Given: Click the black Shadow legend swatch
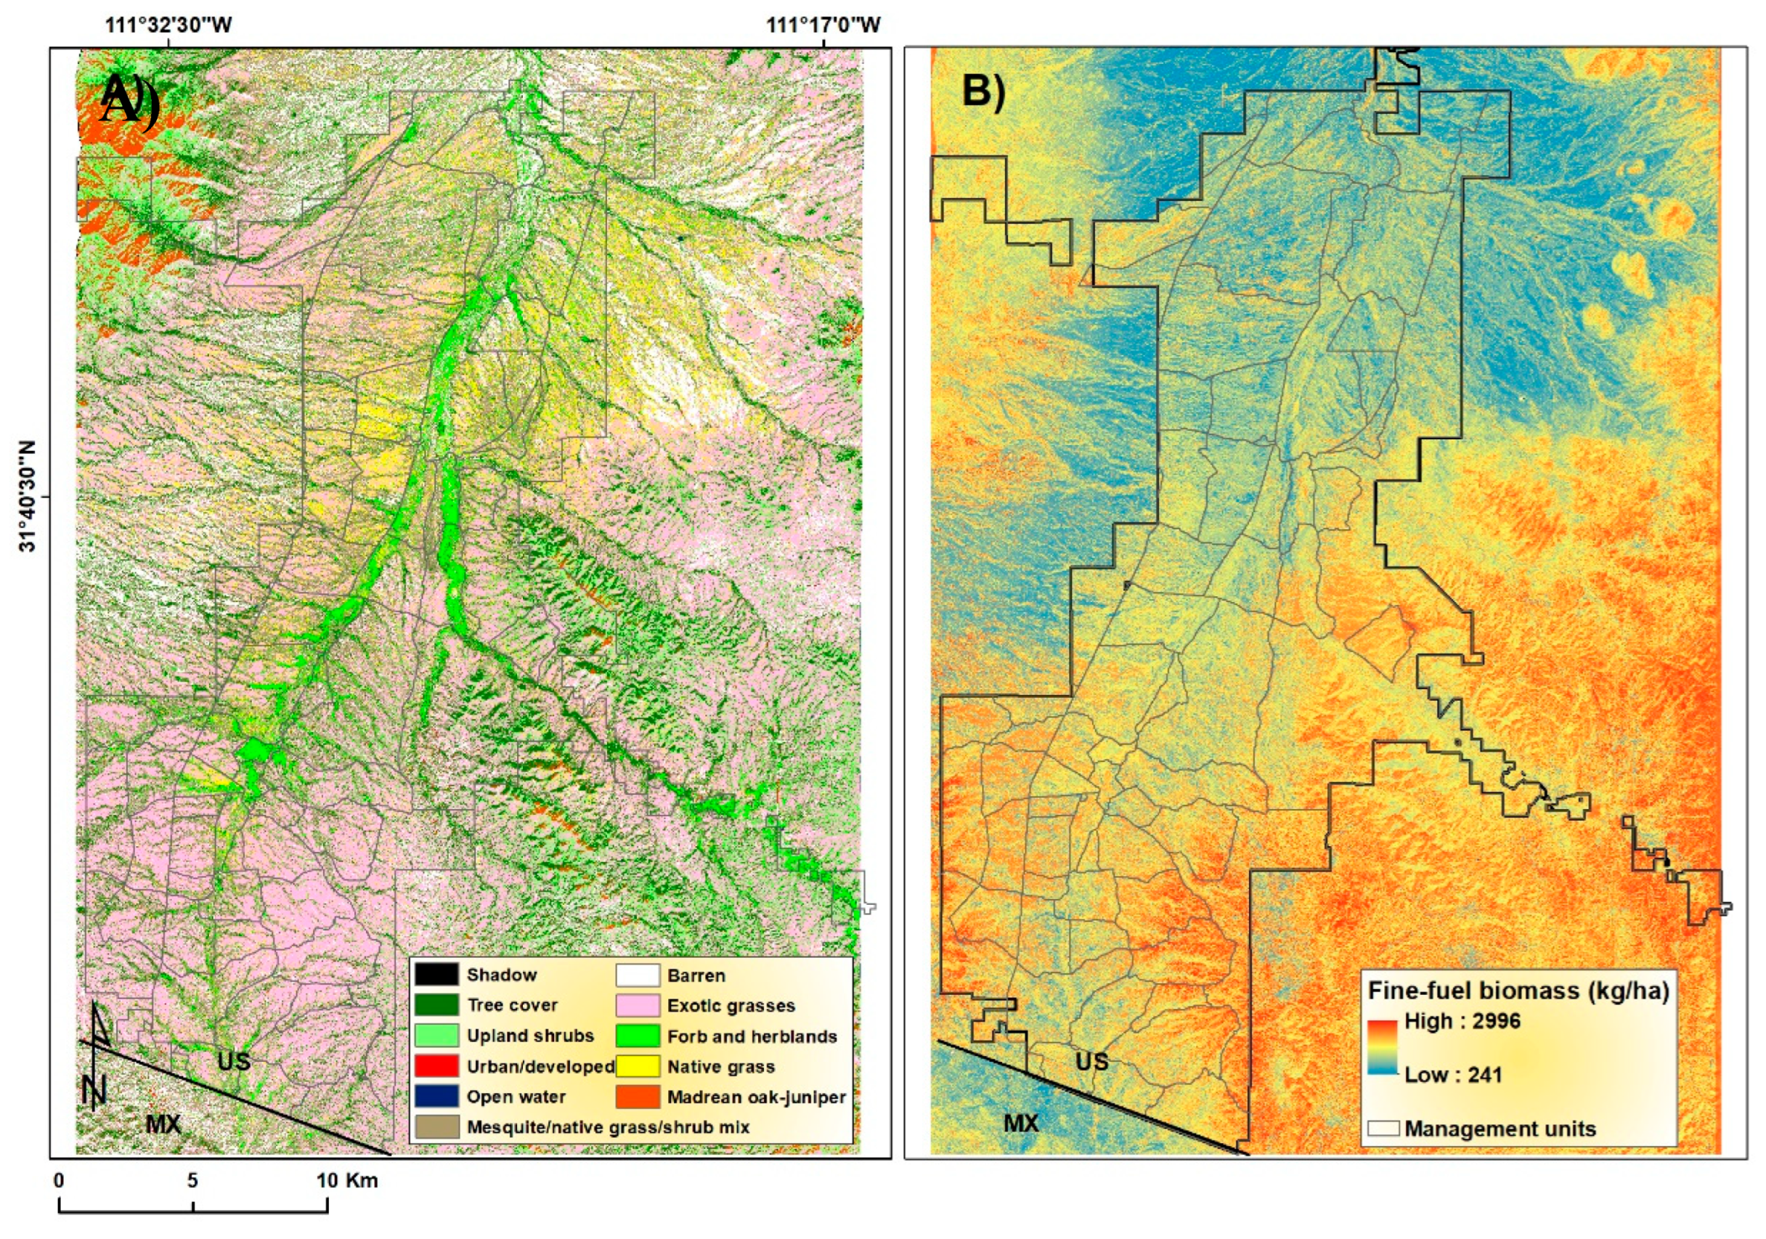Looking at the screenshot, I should coord(436,975).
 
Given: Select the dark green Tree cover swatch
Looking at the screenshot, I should coord(436,1004).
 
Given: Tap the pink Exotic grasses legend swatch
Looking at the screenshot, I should coord(637,1005).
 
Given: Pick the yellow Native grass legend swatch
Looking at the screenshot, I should coord(637,1066).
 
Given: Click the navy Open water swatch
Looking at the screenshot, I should coord(436,1096).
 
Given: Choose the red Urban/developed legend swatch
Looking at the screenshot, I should coord(436,1066).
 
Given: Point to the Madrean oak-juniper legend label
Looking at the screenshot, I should coord(756,1097).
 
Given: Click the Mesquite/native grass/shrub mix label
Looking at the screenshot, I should coord(608,1126).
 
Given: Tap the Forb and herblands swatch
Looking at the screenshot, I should coord(637,1036).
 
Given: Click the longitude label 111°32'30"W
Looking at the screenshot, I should coord(168,25).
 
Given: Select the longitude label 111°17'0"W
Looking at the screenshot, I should coord(823,25).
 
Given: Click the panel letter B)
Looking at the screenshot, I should coord(983,91).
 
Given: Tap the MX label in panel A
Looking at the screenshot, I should coord(163,1124).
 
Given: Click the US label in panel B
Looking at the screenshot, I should coord(1091,1061).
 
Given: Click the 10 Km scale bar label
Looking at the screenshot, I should coord(347,1179).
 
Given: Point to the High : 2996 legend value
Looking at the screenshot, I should coord(1462,1020).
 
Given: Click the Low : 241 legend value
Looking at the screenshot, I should coord(1453,1074).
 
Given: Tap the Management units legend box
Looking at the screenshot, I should coord(1382,1129).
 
